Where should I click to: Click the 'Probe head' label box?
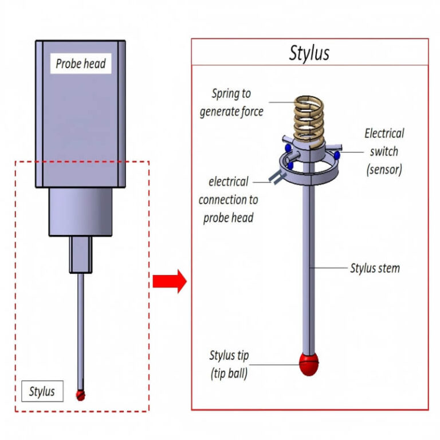click(x=81, y=64)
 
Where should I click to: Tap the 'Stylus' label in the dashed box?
click(x=42, y=391)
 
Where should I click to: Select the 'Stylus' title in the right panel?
click(x=309, y=53)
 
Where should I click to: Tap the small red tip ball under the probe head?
click(x=81, y=394)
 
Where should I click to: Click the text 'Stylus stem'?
click(x=375, y=268)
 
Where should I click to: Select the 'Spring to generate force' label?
click(x=231, y=103)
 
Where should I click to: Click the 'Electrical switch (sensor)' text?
click(x=384, y=151)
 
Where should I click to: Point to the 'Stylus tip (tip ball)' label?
click(x=229, y=364)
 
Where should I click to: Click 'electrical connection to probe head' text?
click(x=228, y=200)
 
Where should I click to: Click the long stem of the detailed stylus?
click(x=309, y=269)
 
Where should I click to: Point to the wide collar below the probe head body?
click(x=80, y=212)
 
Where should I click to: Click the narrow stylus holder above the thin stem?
click(x=80, y=255)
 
